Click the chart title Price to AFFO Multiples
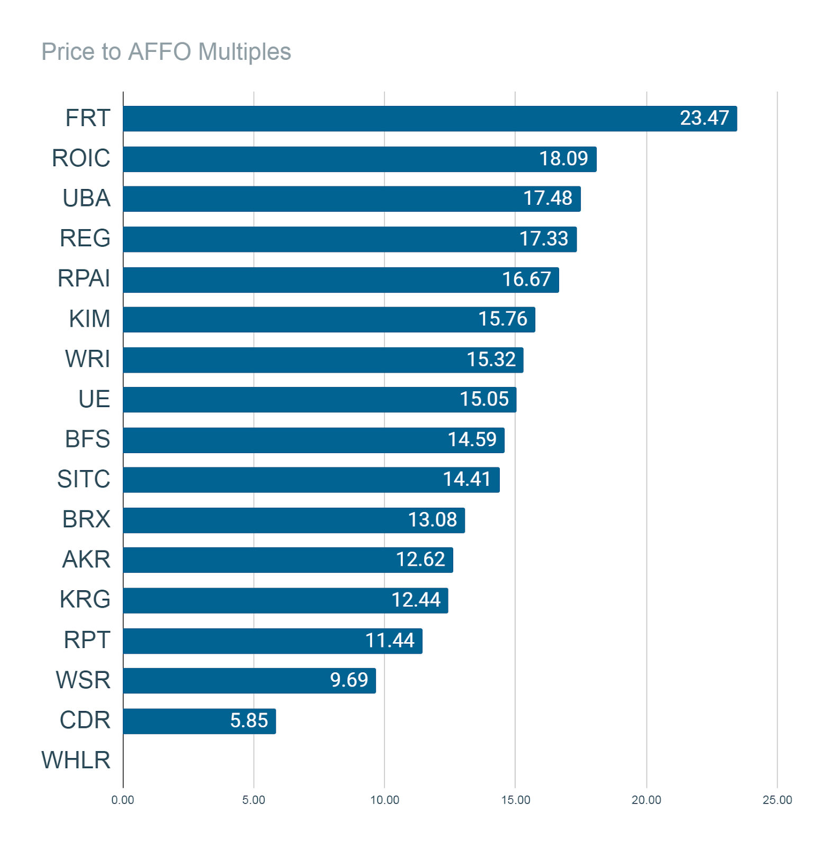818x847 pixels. (x=166, y=52)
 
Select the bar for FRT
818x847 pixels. (x=430, y=119)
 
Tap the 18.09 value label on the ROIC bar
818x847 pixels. (x=563, y=158)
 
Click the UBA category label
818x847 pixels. (x=86, y=199)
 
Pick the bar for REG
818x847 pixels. (x=350, y=239)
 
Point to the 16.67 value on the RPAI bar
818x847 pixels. (x=526, y=279)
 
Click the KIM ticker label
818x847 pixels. (x=89, y=319)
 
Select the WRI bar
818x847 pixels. (x=323, y=360)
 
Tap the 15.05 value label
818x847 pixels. (x=484, y=399)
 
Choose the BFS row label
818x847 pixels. (x=87, y=439)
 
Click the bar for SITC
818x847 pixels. (x=311, y=480)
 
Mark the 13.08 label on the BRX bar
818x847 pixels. (x=432, y=520)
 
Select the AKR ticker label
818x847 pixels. (x=86, y=560)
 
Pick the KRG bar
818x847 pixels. (x=285, y=600)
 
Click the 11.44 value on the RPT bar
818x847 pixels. (x=390, y=641)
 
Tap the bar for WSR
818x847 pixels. (x=249, y=681)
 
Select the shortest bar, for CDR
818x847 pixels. (x=200, y=721)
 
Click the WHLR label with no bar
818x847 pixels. (x=76, y=760)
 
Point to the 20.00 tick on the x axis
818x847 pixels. (x=646, y=800)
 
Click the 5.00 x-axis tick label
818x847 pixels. (x=254, y=800)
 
